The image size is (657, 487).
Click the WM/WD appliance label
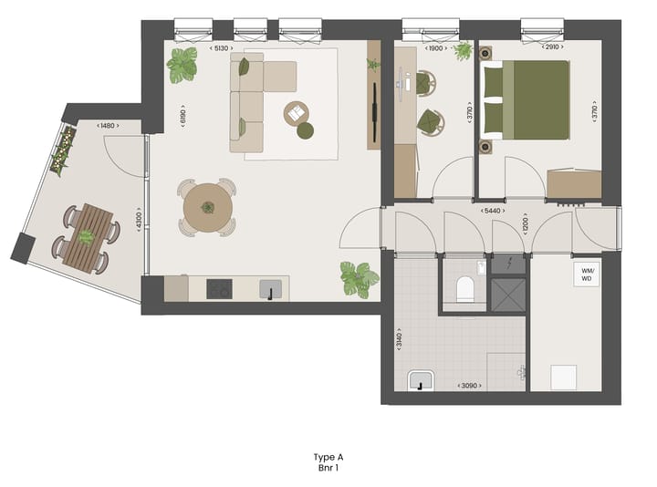(585, 274)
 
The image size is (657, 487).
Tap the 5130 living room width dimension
(220, 47)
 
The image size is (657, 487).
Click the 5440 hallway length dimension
(495, 212)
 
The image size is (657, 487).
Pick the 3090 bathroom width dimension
(469, 387)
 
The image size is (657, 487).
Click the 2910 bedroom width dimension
(551, 47)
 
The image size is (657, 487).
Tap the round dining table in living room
(208, 209)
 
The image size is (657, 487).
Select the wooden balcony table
(88, 237)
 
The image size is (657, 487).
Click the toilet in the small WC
(464, 288)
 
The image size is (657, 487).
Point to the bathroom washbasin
(422, 381)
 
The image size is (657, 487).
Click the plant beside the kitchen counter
(359, 277)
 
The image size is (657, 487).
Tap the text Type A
(328, 457)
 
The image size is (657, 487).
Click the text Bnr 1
(328, 468)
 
